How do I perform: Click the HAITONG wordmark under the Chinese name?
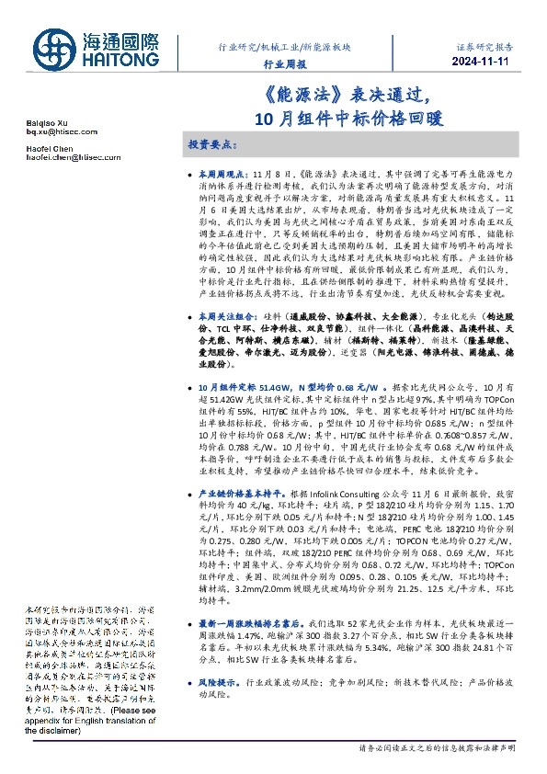122,57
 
